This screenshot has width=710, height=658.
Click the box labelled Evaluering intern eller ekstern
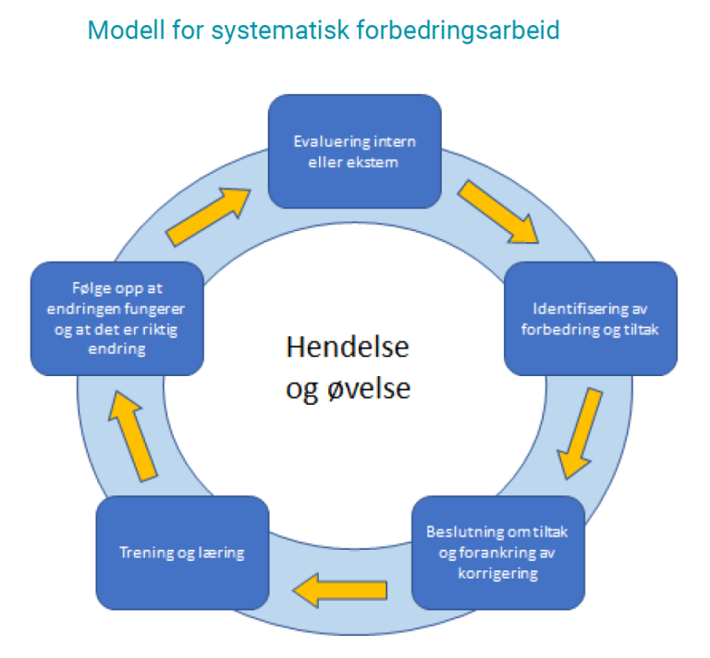354,151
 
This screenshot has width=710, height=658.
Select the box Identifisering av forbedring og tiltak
590,318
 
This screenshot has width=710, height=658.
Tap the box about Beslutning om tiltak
496,553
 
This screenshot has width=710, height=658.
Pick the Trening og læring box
182,553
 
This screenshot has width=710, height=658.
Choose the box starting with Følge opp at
116,318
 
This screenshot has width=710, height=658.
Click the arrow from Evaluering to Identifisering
498,212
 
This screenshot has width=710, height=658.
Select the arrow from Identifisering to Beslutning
581,432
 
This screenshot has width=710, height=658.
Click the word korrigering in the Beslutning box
496,573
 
